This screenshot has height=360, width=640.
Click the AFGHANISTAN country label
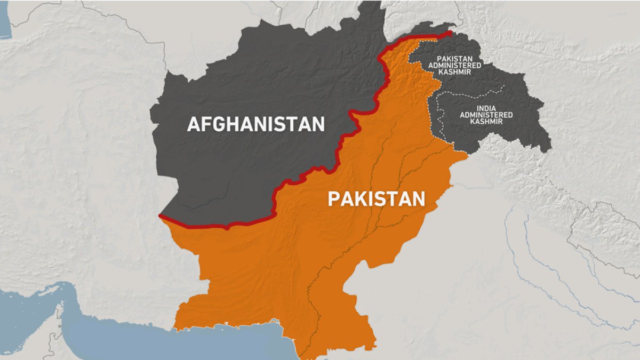point(255,124)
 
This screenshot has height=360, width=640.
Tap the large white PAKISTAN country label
point(376,199)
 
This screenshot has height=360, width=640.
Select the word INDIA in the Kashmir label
point(486,108)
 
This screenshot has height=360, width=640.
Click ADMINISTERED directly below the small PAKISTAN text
point(459,65)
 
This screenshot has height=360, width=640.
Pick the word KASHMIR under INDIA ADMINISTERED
point(486,122)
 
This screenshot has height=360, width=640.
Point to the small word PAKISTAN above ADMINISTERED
point(459,59)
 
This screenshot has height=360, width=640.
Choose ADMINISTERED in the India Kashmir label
point(486,115)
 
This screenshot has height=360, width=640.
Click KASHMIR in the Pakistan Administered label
point(459,71)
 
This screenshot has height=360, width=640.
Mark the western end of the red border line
point(160,215)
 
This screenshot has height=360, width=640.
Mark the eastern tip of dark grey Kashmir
point(549,145)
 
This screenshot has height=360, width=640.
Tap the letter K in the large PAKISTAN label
point(356,199)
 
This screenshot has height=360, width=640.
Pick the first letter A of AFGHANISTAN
point(193,124)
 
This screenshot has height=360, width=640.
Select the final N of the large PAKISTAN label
point(418,199)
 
